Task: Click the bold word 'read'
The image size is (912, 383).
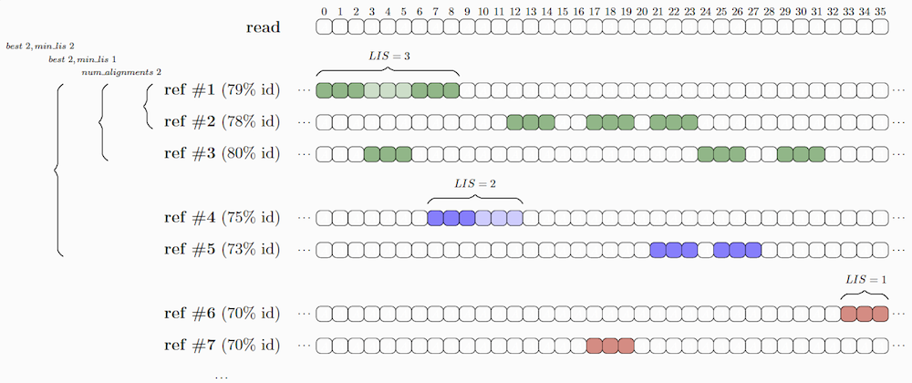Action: point(263,27)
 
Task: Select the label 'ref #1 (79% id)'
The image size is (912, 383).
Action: point(223,90)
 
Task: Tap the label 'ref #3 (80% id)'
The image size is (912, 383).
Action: point(223,154)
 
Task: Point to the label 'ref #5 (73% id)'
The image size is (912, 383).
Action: point(223,249)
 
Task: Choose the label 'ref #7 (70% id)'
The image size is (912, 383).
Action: point(223,346)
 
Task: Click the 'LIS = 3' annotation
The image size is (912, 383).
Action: point(389,56)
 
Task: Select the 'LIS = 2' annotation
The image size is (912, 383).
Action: point(475,183)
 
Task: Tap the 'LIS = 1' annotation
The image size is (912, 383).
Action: point(866,280)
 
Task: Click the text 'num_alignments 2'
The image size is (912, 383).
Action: point(121,73)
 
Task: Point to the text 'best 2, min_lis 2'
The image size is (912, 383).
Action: point(40,46)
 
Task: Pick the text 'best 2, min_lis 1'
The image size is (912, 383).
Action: point(83,59)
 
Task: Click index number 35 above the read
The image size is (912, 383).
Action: point(881,11)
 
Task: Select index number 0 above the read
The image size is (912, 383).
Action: point(324,11)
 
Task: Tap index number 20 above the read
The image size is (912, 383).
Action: point(642,11)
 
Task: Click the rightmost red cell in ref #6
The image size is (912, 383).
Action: point(881,314)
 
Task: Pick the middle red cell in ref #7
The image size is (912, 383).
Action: point(610,346)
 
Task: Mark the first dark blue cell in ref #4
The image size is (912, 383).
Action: point(435,218)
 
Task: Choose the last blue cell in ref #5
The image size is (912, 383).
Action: point(753,249)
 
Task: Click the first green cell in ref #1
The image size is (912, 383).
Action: point(324,90)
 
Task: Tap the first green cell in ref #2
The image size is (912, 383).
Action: point(514,122)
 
